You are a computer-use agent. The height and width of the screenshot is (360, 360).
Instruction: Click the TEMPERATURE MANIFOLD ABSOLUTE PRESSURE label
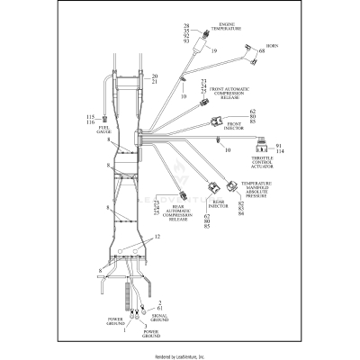click(x=257, y=192)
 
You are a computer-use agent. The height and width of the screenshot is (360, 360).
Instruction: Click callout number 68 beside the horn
click(x=262, y=51)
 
